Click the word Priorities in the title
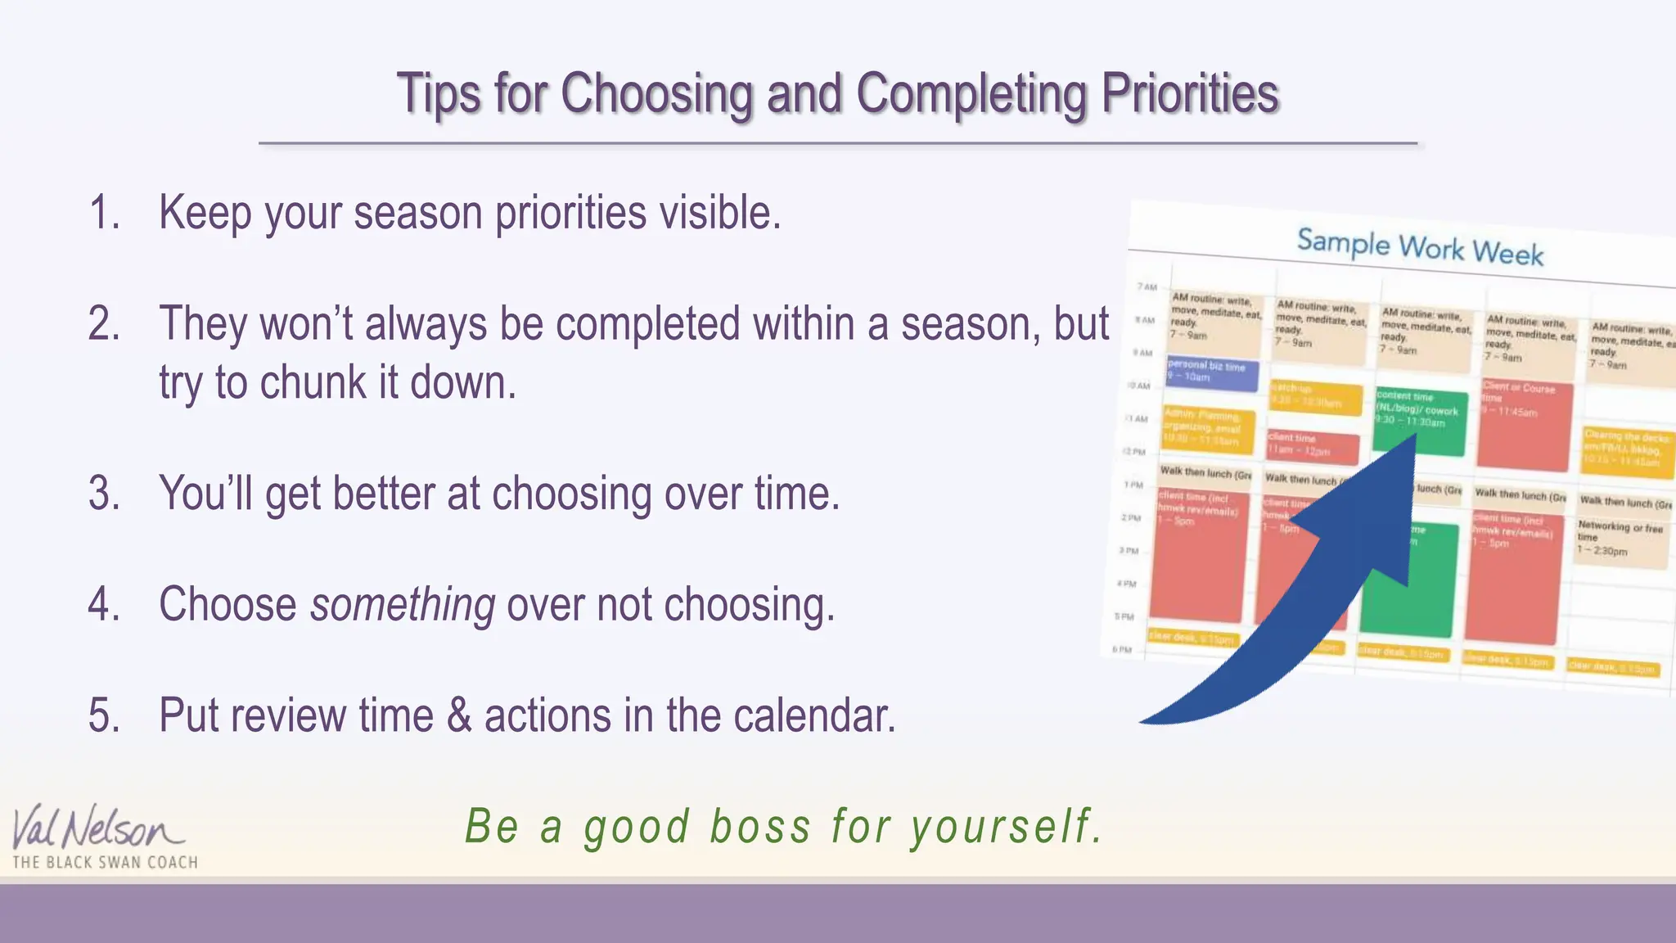[x=1189, y=93]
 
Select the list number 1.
[x=104, y=213]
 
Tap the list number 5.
[x=104, y=715]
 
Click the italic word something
[x=403, y=605]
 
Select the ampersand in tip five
[x=459, y=715]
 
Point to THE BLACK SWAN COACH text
[x=105, y=863]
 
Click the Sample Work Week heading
[x=1420, y=246]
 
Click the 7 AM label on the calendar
[x=1147, y=287]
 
